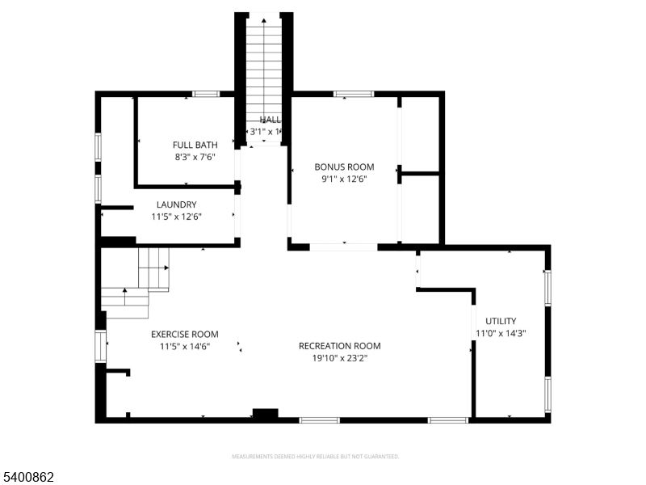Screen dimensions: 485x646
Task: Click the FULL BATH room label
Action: pyautogui.click(x=195, y=145)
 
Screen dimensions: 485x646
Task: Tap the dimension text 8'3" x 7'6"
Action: pyautogui.click(x=195, y=158)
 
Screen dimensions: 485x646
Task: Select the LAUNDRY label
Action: pyautogui.click(x=176, y=205)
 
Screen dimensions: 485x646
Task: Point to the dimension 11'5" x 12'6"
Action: pyautogui.click(x=176, y=217)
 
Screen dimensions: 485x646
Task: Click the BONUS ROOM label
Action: pyautogui.click(x=344, y=167)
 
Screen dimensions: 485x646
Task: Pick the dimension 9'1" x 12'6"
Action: pyautogui.click(x=344, y=179)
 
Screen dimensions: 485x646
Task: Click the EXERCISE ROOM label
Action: pyautogui.click(x=184, y=334)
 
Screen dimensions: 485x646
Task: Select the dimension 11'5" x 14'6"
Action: pyautogui.click(x=184, y=346)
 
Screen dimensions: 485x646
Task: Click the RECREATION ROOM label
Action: pyautogui.click(x=339, y=346)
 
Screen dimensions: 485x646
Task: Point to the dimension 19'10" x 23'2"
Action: pyautogui.click(x=339, y=358)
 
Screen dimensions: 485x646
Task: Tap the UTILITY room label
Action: pyautogui.click(x=501, y=321)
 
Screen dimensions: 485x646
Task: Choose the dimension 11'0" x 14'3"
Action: pyautogui.click(x=501, y=333)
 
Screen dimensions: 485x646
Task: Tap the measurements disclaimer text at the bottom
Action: pyautogui.click(x=315, y=457)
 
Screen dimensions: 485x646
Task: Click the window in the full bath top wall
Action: pyautogui.click(x=206, y=94)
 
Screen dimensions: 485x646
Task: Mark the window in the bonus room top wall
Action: pyautogui.click(x=354, y=94)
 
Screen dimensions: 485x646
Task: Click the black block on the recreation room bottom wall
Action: pyautogui.click(x=265, y=414)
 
